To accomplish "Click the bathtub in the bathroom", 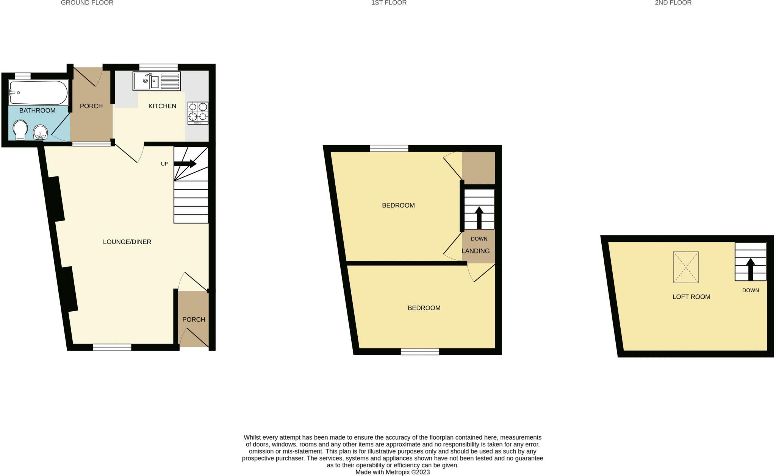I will click(x=38, y=92).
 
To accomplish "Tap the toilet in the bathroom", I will click(x=20, y=130).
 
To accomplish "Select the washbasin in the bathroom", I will click(x=41, y=132).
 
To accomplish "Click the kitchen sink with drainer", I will click(x=156, y=81).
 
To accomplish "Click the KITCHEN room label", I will click(x=162, y=106).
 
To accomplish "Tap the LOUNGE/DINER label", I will click(x=127, y=242).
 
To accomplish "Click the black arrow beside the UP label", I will click(x=185, y=164).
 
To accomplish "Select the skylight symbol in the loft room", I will click(x=685, y=267).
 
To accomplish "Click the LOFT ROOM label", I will click(x=691, y=297).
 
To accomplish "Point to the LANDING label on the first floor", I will click(x=476, y=251).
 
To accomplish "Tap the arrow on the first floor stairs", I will click(x=479, y=217).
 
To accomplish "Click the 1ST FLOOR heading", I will click(x=389, y=3).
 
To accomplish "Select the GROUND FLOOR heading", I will click(x=87, y=3).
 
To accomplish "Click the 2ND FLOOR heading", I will click(x=673, y=3).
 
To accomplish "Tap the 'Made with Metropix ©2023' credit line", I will click(x=393, y=472).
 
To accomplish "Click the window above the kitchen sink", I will click(x=158, y=67).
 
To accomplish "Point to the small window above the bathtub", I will click(x=22, y=76).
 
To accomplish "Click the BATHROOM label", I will click(x=37, y=111).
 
